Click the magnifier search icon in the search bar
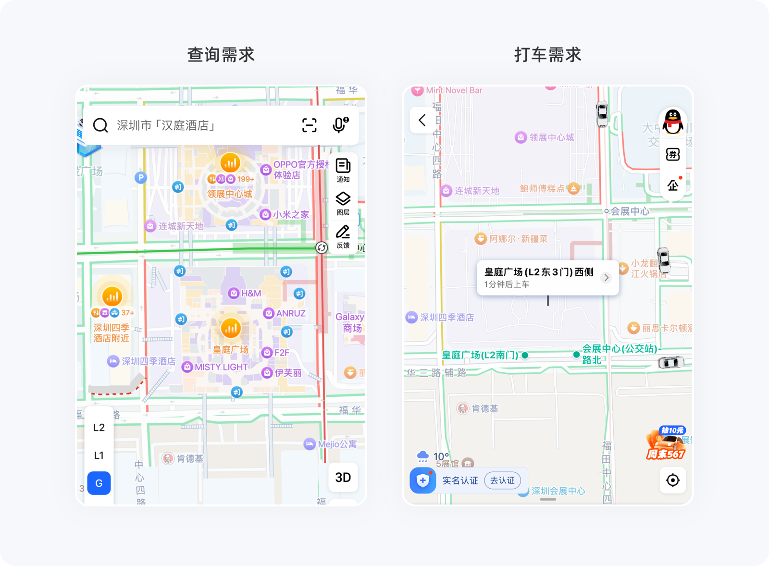[x=100, y=125]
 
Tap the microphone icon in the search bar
[x=340, y=125]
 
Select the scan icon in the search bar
[x=309, y=125]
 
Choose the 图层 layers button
[x=343, y=203]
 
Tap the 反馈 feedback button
[x=343, y=236]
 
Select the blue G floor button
[x=99, y=483]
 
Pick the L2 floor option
[x=99, y=428]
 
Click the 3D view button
[x=343, y=477]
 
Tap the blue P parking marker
[x=140, y=178]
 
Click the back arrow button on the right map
[x=422, y=120]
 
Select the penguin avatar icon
[x=673, y=122]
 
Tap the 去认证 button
[x=502, y=480]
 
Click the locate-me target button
[x=673, y=480]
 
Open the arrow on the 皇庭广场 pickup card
[x=606, y=278]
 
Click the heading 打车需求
[x=548, y=55]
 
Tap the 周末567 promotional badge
[x=666, y=443]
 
